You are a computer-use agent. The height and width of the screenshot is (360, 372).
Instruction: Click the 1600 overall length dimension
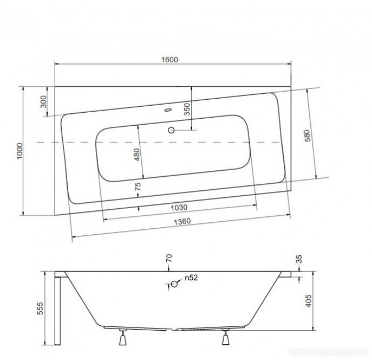click(169, 59)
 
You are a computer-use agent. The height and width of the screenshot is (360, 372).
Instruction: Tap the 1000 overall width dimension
click(19, 151)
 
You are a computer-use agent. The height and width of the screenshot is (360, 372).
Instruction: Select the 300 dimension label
click(44, 101)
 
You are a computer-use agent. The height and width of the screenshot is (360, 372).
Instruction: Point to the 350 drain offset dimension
click(187, 109)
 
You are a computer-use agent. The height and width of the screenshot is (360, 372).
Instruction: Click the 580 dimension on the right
click(307, 136)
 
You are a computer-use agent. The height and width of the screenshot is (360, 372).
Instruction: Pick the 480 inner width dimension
click(137, 155)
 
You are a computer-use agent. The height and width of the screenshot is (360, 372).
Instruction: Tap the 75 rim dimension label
click(138, 186)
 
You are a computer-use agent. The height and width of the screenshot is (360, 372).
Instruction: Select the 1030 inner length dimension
click(179, 207)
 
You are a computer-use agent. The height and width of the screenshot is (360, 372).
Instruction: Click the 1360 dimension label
click(182, 221)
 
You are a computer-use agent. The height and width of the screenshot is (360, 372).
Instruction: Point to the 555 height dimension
click(41, 308)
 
